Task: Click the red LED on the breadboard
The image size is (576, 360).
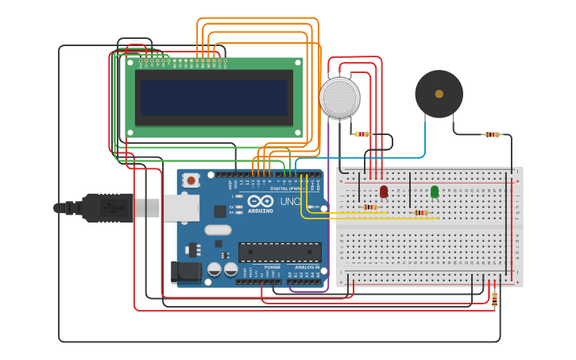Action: point(384,192)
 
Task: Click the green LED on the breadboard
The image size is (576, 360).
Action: point(435,192)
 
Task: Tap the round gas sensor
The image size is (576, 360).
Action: point(339,97)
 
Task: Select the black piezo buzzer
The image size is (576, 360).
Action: point(439,94)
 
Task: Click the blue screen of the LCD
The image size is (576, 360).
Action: point(214,98)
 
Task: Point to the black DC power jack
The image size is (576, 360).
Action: point(187,272)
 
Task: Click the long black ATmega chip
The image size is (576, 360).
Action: point(280,252)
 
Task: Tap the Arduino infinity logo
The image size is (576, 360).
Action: point(260,202)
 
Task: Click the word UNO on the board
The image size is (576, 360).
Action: point(290,202)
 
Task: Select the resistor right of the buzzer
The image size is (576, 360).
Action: point(492,134)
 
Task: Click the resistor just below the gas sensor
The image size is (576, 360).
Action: point(362,134)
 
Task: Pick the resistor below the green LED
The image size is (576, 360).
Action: point(421,213)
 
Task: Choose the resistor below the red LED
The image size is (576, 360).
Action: point(369,207)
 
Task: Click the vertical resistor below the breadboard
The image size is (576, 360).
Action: point(495,299)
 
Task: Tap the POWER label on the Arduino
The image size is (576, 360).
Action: point(273,267)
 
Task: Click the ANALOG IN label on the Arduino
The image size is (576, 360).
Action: point(307,267)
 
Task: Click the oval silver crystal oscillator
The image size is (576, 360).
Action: point(217,230)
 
